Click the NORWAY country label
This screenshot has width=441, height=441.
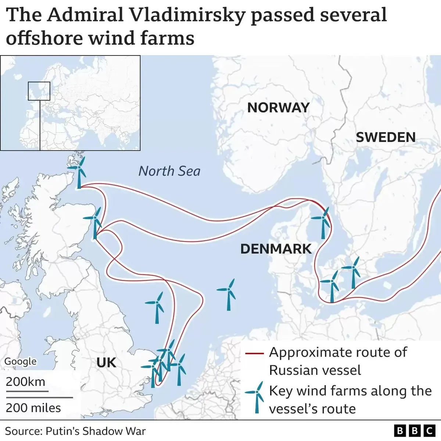(x=278, y=108)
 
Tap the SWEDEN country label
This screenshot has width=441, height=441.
(x=386, y=137)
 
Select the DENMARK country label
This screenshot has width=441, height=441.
(x=276, y=249)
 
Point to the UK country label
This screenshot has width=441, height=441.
(x=106, y=363)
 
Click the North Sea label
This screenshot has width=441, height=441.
(x=169, y=171)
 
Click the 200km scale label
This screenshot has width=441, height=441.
(x=25, y=382)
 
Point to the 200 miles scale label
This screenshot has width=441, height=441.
(x=33, y=408)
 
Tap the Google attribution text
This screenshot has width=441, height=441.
(x=21, y=361)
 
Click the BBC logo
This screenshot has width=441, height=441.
(x=414, y=431)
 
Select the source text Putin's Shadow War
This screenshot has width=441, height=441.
(x=96, y=431)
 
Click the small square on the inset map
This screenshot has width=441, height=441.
(x=39, y=91)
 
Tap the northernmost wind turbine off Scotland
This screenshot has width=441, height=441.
(x=78, y=171)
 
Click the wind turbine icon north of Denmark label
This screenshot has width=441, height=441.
(x=322, y=222)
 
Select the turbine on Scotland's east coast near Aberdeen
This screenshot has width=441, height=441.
(x=95, y=222)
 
